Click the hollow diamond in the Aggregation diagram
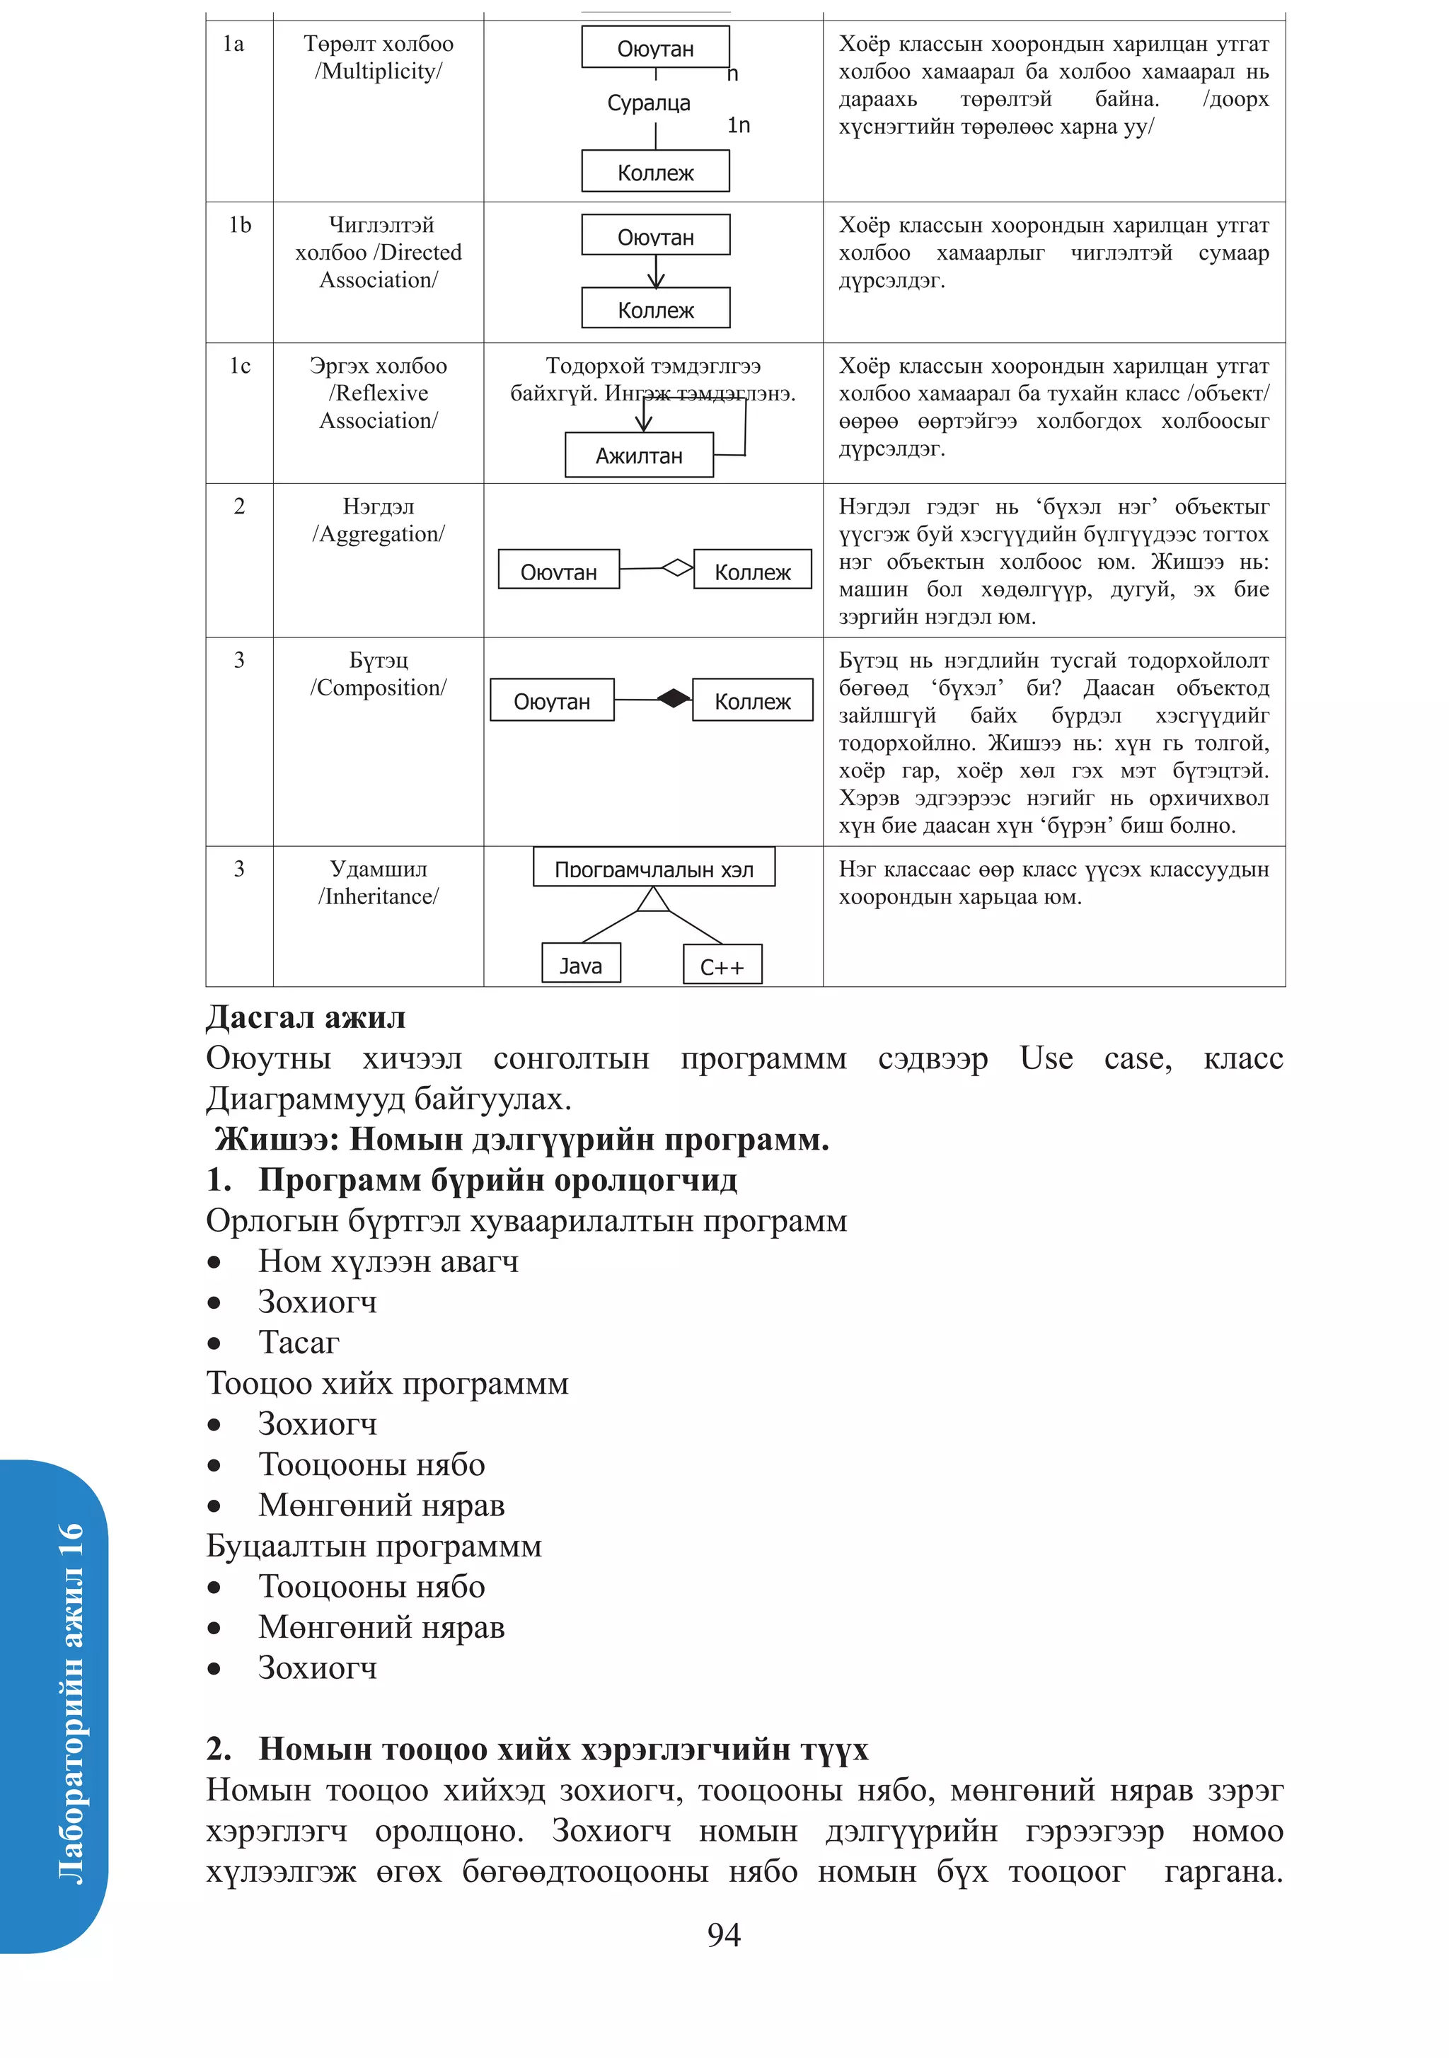(677, 567)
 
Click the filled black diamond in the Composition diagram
(674, 698)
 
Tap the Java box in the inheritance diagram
(581, 964)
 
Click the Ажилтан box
(638, 456)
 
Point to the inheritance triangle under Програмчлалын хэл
(654, 899)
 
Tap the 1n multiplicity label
(738, 125)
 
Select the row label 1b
(239, 225)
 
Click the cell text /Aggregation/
(379, 534)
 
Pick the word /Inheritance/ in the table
(379, 896)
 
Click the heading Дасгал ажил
(306, 1017)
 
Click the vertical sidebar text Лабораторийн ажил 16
(70, 1703)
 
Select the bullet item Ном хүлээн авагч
(388, 1261)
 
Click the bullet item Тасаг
(299, 1343)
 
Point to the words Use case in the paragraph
(1095, 1058)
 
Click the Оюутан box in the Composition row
(551, 700)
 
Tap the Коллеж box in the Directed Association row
(655, 309)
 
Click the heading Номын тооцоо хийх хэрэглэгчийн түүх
(563, 1749)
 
